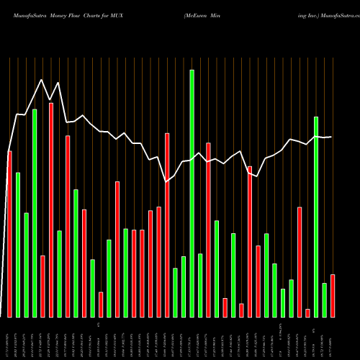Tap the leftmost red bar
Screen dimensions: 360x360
click(x=9, y=234)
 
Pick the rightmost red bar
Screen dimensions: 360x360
click(x=333, y=295)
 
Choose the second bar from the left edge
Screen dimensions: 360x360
click(x=18, y=245)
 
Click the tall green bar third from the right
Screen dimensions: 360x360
click(x=316, y=216)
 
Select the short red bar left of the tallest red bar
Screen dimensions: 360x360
click(x=42, y=286)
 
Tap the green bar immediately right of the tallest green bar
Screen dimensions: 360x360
click(x=200, y=285)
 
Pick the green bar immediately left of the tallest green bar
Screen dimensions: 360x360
click(x=184, y=287)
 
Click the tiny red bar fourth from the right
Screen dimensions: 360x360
click(x=307, y=312)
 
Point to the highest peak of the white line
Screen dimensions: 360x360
click(x=42, y=80)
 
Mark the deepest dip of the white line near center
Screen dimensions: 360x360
click(x=166, y=181)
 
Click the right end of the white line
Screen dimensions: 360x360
click(x=331, y=137)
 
